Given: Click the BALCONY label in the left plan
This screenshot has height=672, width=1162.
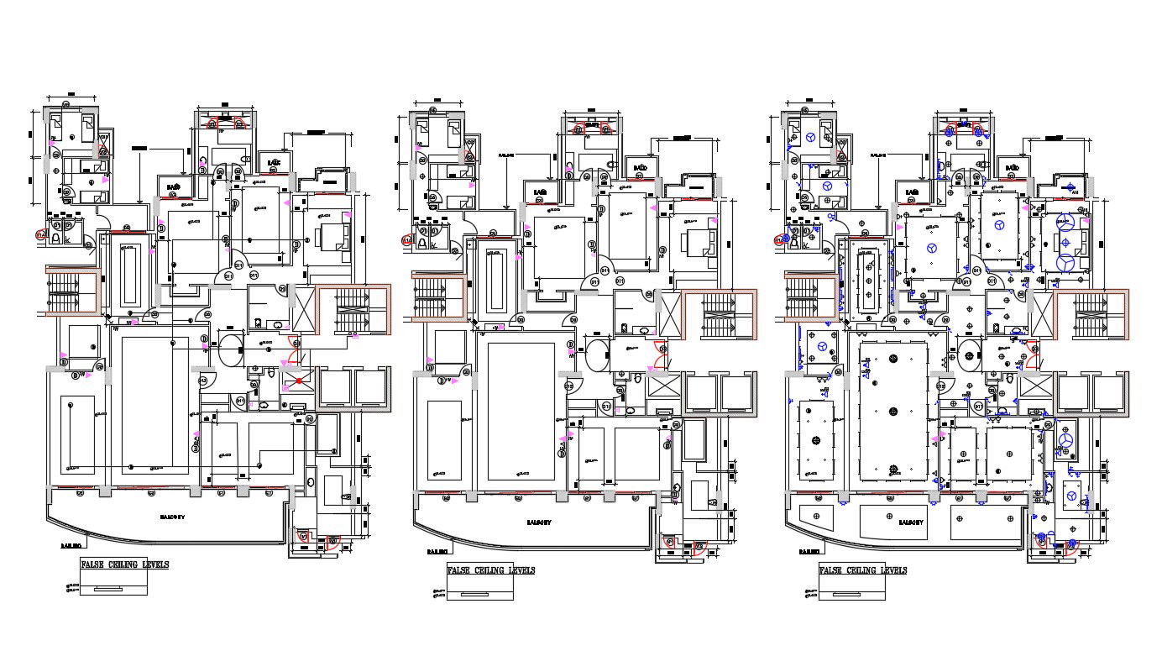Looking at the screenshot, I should (x=172, y=517).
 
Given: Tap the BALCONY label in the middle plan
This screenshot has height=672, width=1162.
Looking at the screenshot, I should (x=538, y=522).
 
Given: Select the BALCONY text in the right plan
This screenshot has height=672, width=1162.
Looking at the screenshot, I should (x=911, y=522).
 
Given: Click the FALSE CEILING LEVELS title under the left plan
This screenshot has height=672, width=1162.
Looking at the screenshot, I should (x=124, y=564).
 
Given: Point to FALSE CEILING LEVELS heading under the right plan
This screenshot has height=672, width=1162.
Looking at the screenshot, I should (x=863, y=570).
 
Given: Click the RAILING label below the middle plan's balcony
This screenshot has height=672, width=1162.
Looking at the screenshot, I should (x=435, y=552).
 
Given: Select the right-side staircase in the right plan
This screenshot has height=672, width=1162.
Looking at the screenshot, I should (x=1091, y=314).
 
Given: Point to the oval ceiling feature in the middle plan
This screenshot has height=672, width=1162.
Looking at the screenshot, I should (x=598, y=354).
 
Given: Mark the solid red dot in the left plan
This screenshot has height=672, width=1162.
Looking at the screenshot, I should (x=299, y=382).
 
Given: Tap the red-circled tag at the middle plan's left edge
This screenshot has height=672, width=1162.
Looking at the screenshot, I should (x=409, y=241).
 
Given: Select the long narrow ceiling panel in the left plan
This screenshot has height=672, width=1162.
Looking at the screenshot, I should (x=130, y=276).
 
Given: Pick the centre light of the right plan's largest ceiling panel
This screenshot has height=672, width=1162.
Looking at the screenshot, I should (x=893, y=411).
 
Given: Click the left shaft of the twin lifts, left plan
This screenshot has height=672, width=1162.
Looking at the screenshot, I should (x=334, y=387).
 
